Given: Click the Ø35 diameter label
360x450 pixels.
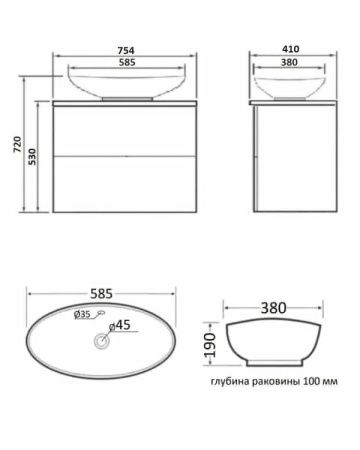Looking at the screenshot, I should pos(82,314).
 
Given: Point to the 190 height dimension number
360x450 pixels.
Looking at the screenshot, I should pos(211,345).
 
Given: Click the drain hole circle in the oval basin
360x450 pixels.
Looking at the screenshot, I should pos(102,342).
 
